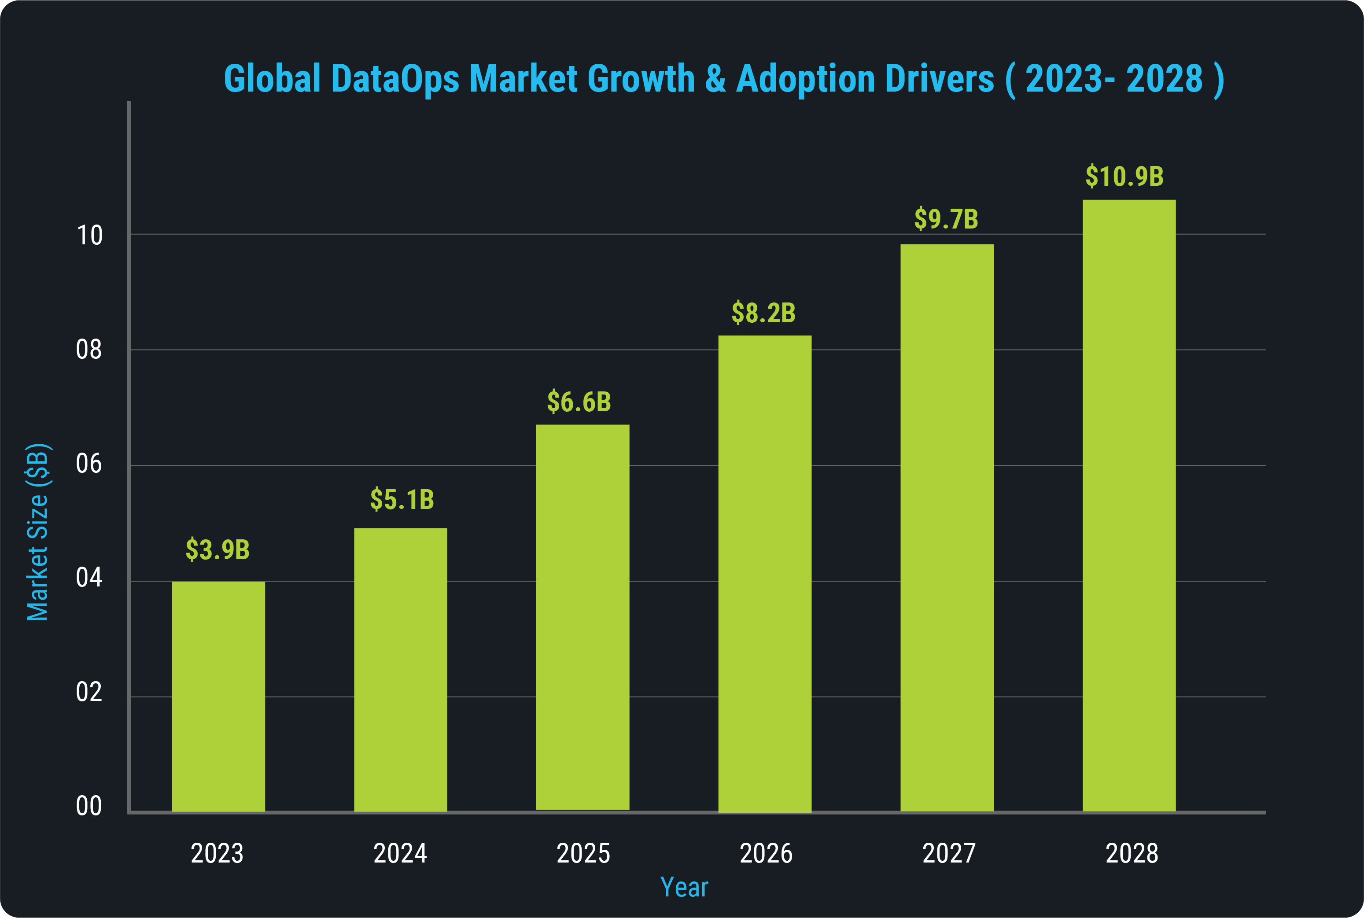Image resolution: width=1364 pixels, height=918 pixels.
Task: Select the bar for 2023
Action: click(218, 696)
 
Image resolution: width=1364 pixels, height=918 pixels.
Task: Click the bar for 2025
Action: click(582, 618)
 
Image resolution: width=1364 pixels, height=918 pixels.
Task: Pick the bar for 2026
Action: click(764, 574)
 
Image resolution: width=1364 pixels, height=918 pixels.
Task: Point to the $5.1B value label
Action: click(402, 499)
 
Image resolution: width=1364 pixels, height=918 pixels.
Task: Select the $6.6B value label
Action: click(579, 402)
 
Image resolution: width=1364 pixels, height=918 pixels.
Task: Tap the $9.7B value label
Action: click(946, 219)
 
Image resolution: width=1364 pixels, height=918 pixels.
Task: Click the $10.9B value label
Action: click(1124, 176)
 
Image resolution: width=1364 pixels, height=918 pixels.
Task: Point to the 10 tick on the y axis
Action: click(89, 236)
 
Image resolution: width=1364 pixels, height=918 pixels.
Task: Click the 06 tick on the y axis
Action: click(89, 464)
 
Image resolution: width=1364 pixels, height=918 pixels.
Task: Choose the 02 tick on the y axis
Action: click(89, 692)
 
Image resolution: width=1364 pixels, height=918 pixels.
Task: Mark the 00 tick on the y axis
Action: click(89, 806)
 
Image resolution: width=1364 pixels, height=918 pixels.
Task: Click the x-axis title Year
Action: click(684, 888)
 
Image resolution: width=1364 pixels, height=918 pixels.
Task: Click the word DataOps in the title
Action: click(395, 78)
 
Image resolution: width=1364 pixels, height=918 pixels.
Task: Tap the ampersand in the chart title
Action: click(715, 78)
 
